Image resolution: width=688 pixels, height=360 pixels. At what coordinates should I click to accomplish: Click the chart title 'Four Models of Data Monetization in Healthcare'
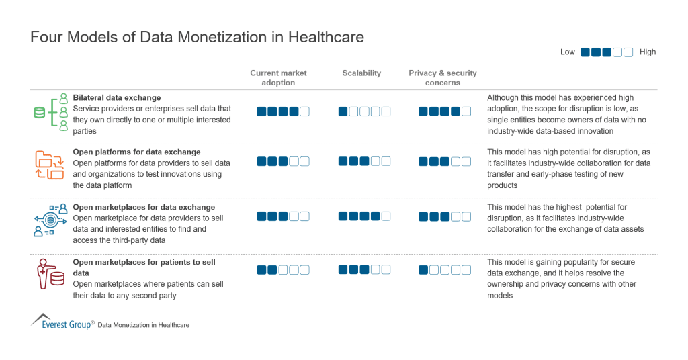tap(197, 37)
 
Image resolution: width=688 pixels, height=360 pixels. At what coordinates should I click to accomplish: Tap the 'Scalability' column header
tap(361, 73)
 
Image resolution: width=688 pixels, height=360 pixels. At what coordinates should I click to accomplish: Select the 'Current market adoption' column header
tap(278, 77)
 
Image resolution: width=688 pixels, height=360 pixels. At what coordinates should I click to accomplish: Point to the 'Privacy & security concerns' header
tap(443, 77)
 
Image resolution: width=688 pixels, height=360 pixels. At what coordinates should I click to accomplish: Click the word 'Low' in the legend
tap(568, 52)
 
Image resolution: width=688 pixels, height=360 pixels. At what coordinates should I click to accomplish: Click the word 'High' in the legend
tap(648, 52)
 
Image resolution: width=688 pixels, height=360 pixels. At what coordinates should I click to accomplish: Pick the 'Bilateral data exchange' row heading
tap(117, 98)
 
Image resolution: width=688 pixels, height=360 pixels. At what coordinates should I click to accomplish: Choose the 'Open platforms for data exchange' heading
tap(136, 152)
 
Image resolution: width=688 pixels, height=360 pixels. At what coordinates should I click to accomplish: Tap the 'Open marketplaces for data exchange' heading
tap(144, 208)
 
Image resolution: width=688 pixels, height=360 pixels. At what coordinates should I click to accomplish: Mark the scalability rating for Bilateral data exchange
tap(364, 111)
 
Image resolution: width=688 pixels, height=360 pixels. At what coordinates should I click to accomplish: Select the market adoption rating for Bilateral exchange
tap(283, 111)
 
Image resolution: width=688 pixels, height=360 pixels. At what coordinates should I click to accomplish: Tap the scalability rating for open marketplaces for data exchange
tap(364, 216)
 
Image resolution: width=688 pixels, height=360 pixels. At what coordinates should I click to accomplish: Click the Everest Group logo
tap(62, 322)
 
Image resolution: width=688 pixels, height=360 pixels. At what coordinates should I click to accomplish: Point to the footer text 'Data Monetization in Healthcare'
tap(143, 325)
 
